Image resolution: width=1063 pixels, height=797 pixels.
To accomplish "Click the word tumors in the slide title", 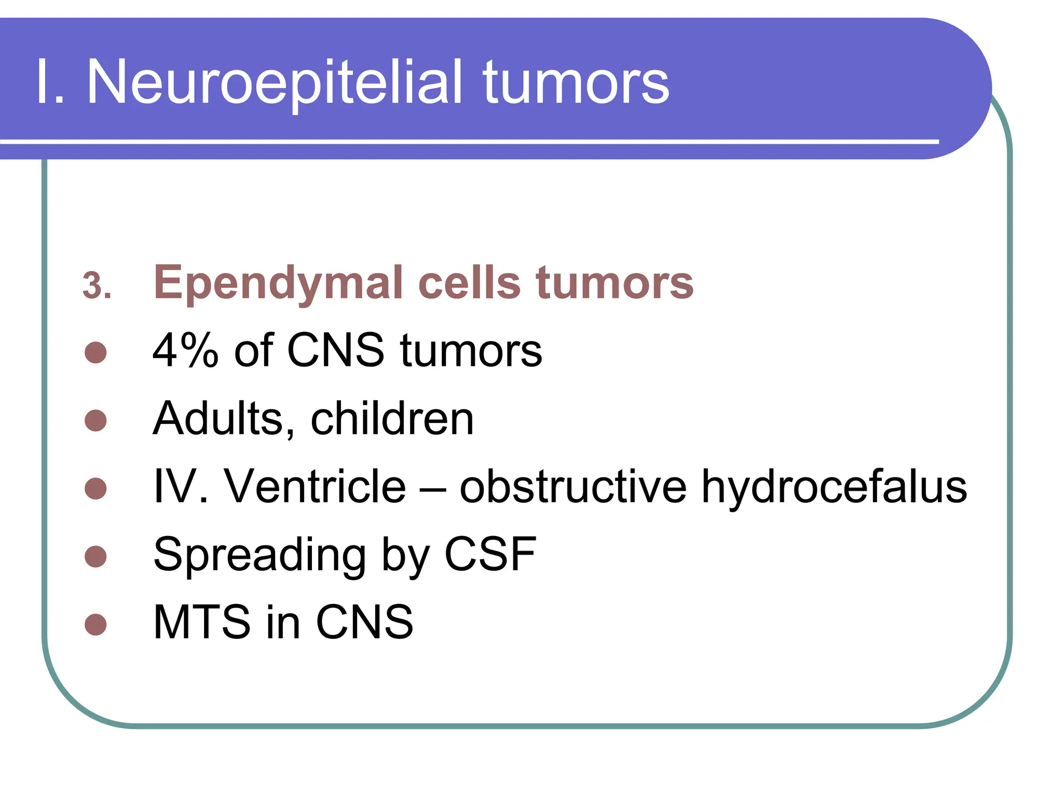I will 576,83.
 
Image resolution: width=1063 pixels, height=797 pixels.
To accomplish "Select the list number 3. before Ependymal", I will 97,286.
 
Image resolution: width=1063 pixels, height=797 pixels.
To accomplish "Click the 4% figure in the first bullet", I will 186,351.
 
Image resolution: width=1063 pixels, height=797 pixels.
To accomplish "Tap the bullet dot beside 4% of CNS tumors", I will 96,352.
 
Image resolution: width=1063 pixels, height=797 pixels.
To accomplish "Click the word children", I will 392,419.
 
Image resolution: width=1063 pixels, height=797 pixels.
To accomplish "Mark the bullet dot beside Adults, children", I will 96,420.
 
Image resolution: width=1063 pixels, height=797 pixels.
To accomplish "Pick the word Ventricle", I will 315,487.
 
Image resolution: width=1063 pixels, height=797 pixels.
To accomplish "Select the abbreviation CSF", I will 490,554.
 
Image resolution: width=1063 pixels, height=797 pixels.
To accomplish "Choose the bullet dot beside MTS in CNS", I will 96,624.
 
